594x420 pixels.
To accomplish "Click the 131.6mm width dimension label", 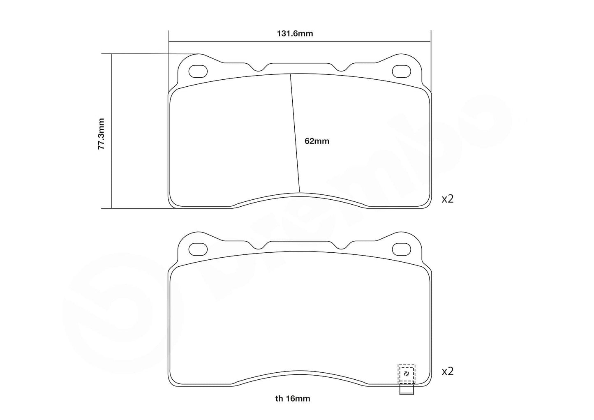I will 294,34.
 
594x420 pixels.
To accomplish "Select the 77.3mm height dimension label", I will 101,134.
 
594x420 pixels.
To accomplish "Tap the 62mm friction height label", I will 317,141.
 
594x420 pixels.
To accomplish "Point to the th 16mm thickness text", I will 293,398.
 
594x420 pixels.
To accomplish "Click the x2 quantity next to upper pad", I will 447,199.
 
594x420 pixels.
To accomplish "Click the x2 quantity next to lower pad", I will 447,372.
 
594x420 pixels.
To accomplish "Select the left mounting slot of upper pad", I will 198,72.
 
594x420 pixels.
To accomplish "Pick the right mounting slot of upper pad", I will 401,72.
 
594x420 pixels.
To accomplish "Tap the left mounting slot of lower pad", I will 198,249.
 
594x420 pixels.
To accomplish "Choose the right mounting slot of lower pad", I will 401,249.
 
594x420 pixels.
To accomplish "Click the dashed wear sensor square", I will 406,374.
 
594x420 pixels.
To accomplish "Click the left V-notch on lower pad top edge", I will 258,247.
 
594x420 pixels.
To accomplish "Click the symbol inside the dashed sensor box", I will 406,374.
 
